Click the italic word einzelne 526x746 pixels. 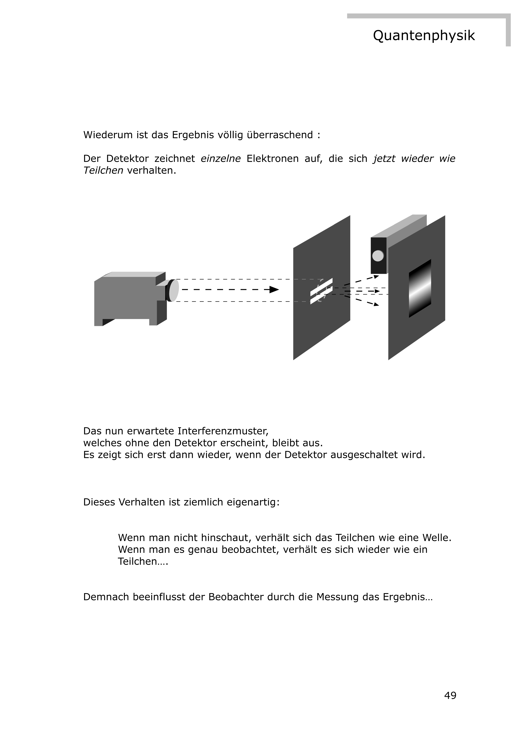click(x=221, y=159)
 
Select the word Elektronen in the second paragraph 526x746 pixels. click(x=272, y=159)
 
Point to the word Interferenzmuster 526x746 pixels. click(x=223, y=431)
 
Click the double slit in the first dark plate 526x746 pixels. click(x=321, y=291)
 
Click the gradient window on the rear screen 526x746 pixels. click(x=420, y=288)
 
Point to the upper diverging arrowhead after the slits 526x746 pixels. click(x=376, y=277)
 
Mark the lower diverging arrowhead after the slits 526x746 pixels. click(x=376, y=304)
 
